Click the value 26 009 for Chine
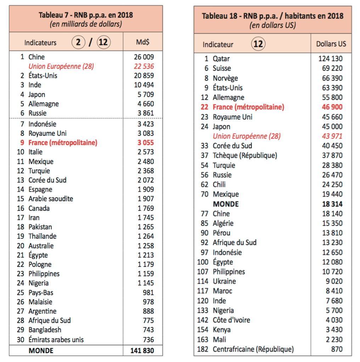click(144, 57)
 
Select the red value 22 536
click(144, 66)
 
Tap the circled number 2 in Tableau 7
click(78, 42)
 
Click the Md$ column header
click(143, 42)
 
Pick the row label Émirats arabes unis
click(56, 340)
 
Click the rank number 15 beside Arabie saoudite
click(21, 199)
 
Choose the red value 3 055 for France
click(146, 143)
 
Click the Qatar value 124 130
click(331, 59)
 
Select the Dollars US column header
click(331, 44)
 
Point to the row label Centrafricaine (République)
click(253, 349)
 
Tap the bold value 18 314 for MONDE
click(332, 204)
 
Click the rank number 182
click(203, 349)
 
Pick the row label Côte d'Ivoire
click(231, 320)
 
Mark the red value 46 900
click(332, 107)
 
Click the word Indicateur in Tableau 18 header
click(218, 44)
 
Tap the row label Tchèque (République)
click(245, 155)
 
